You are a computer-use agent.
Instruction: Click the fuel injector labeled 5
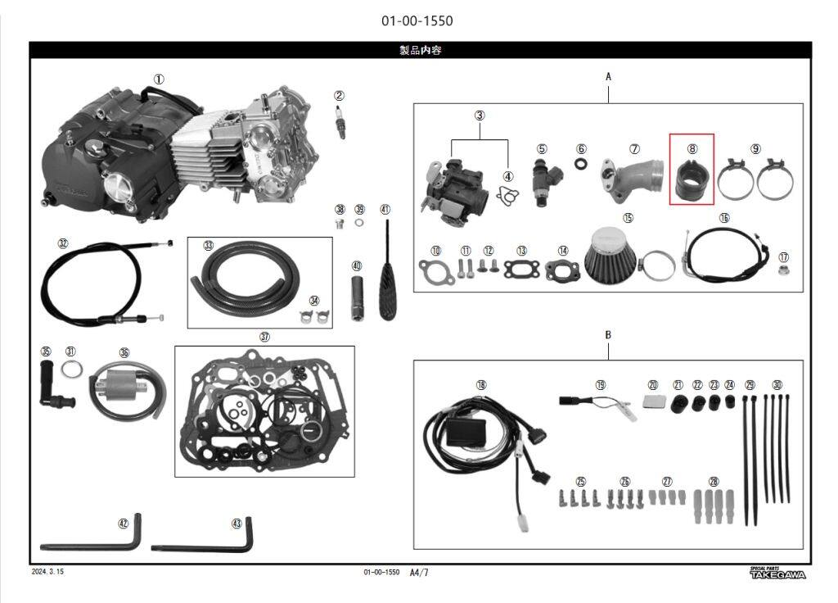pos(542,181)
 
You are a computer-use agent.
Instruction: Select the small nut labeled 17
pos(784,269)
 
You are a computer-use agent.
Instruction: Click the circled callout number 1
pos(159,79)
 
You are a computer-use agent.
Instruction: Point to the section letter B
pos(608,335)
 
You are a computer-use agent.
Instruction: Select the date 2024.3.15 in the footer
pos(47,572)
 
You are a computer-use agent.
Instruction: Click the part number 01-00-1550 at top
pos(417,20)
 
